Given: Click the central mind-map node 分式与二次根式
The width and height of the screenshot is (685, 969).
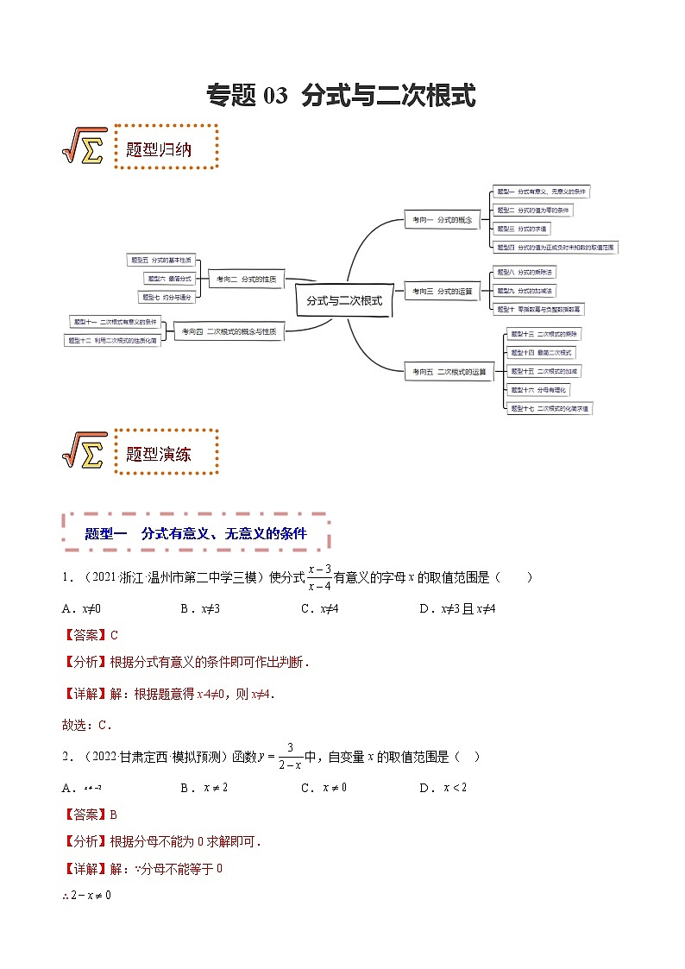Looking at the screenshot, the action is coord(343,301).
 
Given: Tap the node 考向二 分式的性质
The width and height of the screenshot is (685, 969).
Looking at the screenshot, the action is coord(246,279).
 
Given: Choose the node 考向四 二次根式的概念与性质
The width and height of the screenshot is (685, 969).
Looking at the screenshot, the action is coord(229,331).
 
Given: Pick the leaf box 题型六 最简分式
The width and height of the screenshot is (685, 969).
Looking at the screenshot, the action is coord(168,278).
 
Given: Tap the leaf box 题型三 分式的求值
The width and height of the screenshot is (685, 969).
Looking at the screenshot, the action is coord(522,229).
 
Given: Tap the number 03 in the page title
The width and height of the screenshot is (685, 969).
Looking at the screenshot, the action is coord(273,96).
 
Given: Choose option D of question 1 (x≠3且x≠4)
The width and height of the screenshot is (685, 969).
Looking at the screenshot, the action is coord(457,608).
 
